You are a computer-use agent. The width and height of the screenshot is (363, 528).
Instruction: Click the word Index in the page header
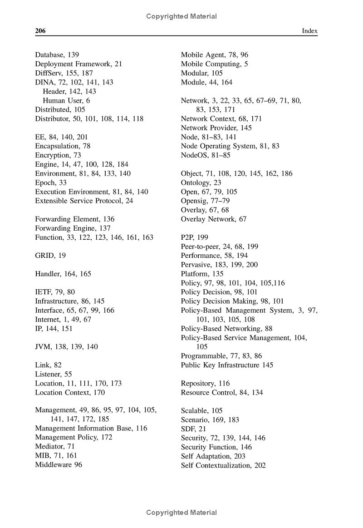[x=310, y=31]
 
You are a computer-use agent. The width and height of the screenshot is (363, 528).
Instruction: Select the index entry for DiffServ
[x=64, y=73]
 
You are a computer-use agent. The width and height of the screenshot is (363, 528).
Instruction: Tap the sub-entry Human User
[x=66, y=100]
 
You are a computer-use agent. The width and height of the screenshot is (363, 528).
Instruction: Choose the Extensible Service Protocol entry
[x=84, y=201]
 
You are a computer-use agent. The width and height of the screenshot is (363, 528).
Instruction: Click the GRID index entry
[x=50, y=256]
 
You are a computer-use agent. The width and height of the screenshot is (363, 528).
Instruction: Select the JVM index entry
[x=66, y=347]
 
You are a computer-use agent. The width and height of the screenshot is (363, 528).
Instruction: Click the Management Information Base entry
[x=91, y=429]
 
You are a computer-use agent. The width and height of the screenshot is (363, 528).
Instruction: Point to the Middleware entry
[x=59, y=465]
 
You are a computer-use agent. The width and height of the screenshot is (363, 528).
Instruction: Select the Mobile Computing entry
[x=214, y=64]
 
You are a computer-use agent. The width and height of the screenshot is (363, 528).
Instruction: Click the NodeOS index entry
[x=206, y=155]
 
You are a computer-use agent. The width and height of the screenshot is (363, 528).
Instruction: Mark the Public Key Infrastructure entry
[x=227, y=365]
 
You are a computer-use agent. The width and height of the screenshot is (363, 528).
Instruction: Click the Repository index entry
[x=205, y=384]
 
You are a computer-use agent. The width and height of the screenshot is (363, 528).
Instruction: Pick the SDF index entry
[x=193, y=429]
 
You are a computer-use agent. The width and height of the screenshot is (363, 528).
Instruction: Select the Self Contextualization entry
[x=223, y=465]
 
